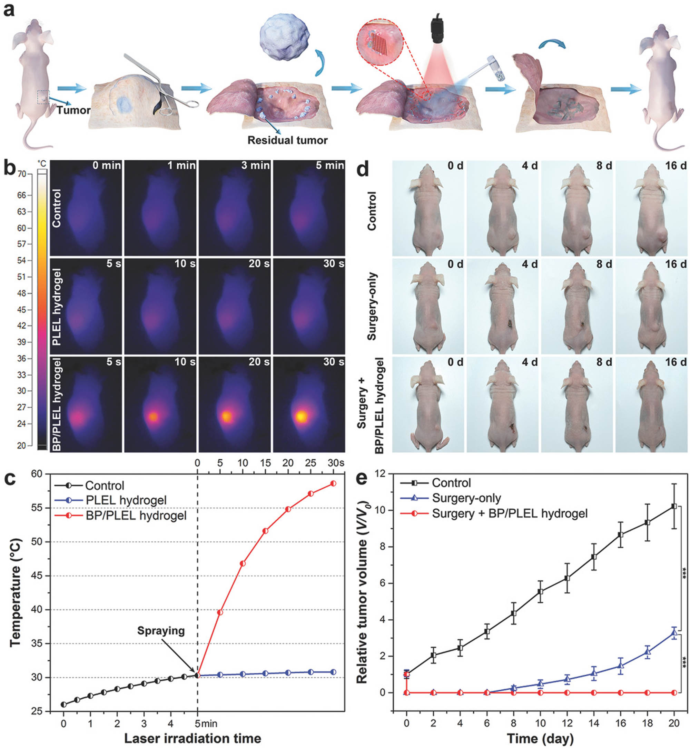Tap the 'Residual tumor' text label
tap(287, 140)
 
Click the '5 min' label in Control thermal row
tap(330, 165)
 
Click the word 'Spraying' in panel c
tap(161, 630)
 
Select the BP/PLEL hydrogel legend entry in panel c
tap(136, 516)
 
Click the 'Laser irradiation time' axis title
tap(192, 738)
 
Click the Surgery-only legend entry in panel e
tap(466, 498)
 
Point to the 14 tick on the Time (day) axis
tap(594, 723)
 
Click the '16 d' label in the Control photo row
tap(676, 165)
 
